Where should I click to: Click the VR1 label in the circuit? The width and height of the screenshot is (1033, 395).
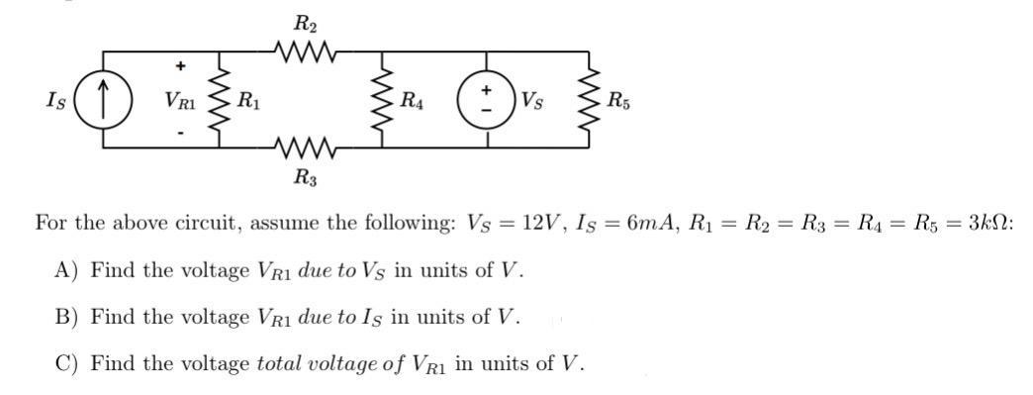pos(180,100)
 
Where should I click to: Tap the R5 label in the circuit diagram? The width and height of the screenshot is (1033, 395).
pos(620,100)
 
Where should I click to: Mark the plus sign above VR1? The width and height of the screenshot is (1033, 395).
pos(180,67)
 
